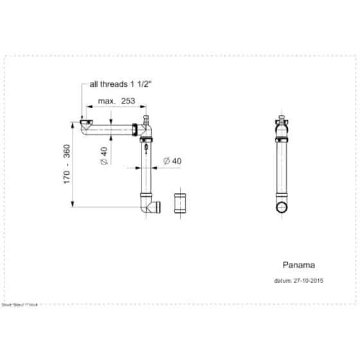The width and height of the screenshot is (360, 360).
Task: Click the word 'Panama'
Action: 298,264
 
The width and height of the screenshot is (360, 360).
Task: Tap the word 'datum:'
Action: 282,280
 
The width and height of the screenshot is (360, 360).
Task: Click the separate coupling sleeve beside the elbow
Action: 181,202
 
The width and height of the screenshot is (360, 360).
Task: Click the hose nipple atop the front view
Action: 146,120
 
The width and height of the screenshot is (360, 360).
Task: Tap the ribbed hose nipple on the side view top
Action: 280,120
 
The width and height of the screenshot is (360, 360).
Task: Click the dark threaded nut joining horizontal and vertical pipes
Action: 134,129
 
